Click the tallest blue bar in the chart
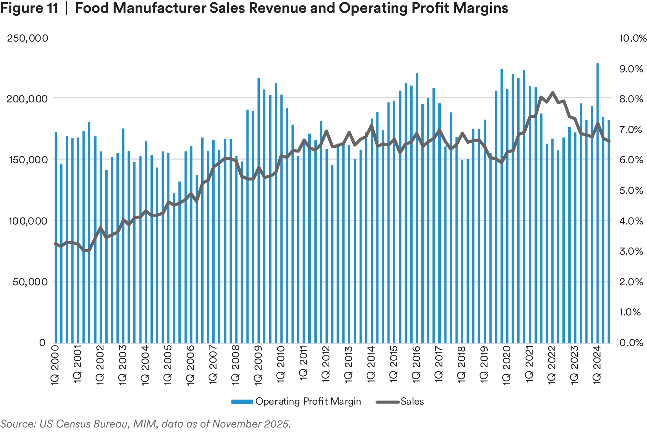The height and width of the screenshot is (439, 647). [598, 202]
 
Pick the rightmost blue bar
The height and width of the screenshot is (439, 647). [609, 231]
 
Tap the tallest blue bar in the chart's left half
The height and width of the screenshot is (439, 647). [259, 208]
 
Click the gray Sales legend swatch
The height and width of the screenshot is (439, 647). [387, 402]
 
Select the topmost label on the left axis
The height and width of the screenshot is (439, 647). [27, 39]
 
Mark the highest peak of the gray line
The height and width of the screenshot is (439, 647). [552, 94]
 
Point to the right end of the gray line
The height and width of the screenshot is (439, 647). [610, 141]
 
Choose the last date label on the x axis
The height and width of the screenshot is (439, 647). [597, 366]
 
